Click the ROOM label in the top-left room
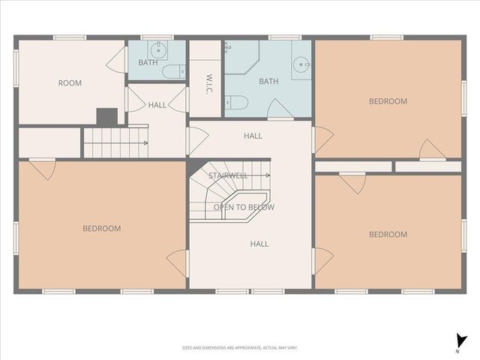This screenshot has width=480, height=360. [70, 83]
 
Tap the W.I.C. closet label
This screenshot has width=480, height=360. [211, 79]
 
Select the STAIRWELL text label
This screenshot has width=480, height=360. [228, 175]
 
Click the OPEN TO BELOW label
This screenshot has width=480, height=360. [244, 207]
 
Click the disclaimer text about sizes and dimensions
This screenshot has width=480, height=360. [240, 347]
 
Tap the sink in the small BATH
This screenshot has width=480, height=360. [157, 50]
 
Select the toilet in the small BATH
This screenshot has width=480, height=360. [172, 71]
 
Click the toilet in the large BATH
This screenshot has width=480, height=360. [235, 103]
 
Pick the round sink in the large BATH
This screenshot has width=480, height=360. [300, 63]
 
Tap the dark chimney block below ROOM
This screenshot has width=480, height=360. [106, 116]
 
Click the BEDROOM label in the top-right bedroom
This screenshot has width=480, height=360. [388, 101]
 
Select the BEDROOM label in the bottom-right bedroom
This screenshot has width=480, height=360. [388, 235]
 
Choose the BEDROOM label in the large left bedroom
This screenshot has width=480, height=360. [101, 229]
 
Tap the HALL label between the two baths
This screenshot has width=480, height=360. [157, 106]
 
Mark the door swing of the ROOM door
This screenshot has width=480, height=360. [116, 61]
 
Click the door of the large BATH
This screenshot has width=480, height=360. [280, 109]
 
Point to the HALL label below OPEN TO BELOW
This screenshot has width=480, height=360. [259, 244]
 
